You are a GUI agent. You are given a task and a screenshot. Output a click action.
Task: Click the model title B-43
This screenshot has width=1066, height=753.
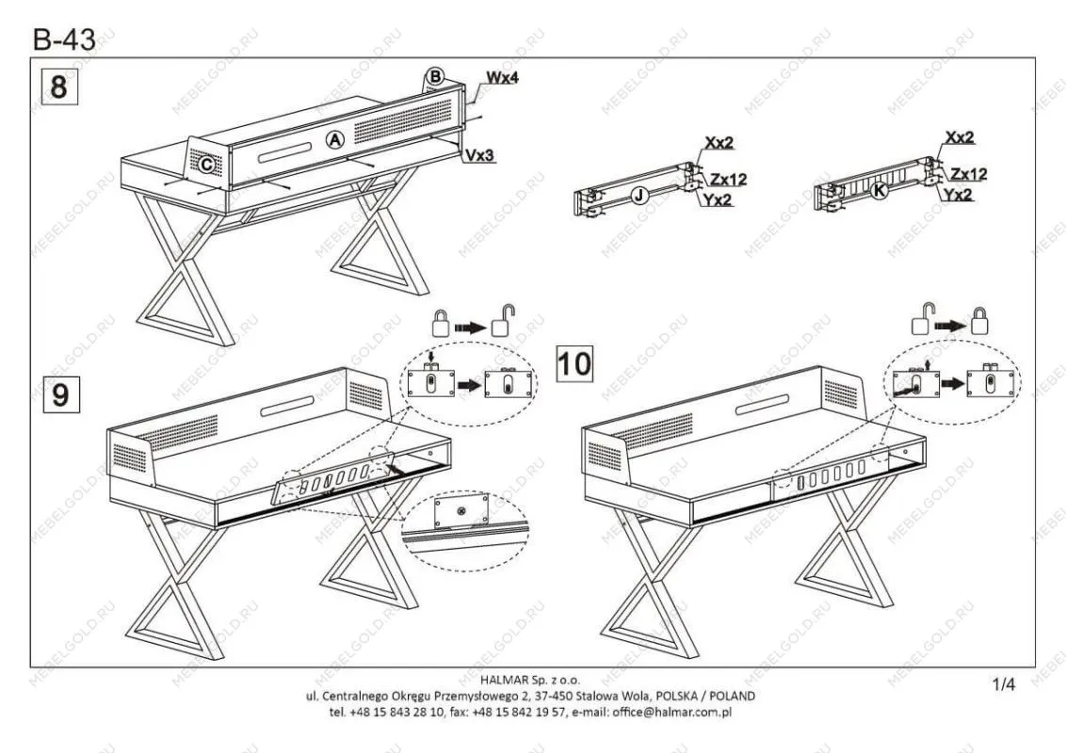point(64,40)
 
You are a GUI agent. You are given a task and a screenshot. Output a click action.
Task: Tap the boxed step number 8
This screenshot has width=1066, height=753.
point(60,87)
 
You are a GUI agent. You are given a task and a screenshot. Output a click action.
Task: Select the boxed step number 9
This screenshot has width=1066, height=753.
point(61,394)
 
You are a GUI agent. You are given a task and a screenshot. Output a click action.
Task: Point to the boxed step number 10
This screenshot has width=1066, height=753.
point(574,363)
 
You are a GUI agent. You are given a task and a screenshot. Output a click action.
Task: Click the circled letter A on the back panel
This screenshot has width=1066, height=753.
point(334,140)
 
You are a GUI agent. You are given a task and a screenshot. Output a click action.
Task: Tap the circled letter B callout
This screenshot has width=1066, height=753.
point(435,76)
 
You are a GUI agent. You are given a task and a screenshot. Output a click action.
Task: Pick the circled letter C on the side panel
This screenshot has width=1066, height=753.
point(206,164)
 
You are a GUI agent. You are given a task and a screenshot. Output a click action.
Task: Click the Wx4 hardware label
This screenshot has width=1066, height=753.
point(503,77)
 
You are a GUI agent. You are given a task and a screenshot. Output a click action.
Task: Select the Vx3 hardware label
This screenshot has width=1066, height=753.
point(480,155)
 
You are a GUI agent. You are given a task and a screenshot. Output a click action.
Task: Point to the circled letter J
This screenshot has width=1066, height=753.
point(638,196)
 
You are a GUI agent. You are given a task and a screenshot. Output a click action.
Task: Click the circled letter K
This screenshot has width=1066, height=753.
point(879,191)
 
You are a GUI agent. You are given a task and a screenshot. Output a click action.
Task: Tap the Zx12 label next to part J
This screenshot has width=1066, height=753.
point(729,180)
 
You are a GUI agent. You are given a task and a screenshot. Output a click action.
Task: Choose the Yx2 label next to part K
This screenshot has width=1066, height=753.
point(958,195)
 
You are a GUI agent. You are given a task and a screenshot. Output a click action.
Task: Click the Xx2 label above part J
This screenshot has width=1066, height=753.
point(719,143)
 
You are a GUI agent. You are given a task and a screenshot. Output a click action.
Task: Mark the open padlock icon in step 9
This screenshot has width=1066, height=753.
point(503,321)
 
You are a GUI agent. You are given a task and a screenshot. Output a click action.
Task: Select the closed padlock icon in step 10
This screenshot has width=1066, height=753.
point(979,321)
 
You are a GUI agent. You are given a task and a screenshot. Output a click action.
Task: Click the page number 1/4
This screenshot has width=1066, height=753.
point(1004,684)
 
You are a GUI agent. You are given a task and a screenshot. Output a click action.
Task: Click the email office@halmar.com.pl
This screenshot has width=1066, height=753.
point(671,712)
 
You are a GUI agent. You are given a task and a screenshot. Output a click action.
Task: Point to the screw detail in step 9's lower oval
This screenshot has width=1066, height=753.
point(461,509)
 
